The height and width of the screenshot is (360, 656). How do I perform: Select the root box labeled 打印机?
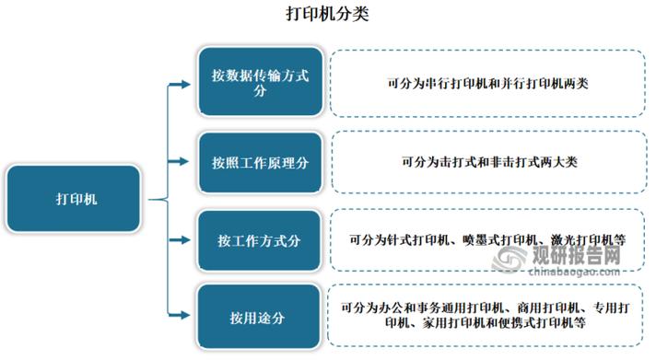(x=73, y=198)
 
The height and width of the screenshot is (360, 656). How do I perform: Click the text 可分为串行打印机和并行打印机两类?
(x=488, y=84)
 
